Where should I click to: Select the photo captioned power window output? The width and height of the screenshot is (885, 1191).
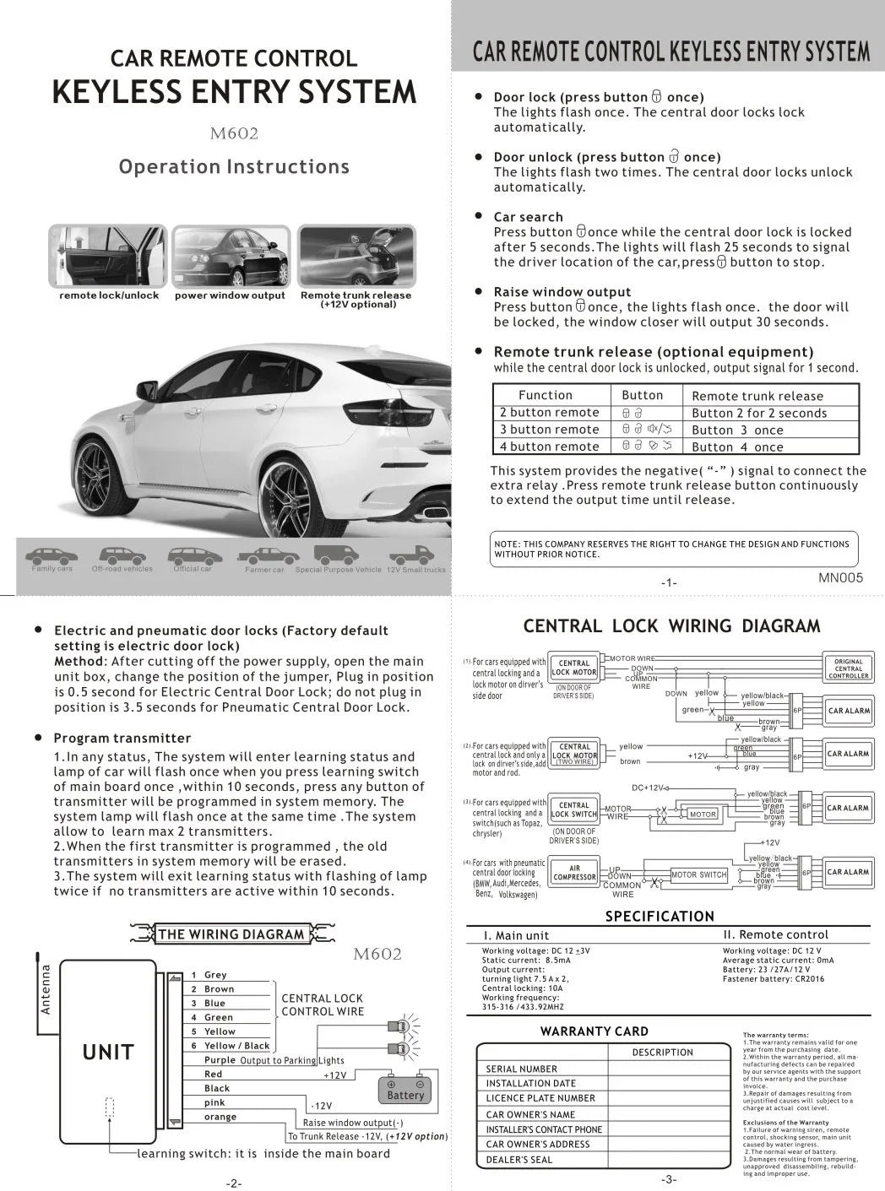(230, 257)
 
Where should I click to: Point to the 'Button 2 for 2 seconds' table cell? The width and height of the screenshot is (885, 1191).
(759, 413)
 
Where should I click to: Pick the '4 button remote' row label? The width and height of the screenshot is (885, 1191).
(549, 447)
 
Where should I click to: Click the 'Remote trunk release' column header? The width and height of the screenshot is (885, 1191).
(757, 396)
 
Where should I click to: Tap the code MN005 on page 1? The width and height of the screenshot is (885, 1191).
(840, 578)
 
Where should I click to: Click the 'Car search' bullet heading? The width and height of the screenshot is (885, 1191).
(528, 217)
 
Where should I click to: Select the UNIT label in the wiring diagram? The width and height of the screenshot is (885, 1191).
(108, 1052)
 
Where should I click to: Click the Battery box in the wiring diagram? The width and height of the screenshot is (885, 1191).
(405, 1089)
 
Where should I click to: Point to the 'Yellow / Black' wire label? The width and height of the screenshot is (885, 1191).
(236, 1046)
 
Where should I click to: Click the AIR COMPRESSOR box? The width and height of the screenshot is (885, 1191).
(574, 873)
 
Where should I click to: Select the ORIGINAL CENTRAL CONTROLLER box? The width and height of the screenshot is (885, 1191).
(848, 669)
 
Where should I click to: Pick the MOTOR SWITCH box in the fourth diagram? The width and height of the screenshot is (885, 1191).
(699, 874)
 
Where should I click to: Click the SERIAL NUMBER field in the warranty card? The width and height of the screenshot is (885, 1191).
(522, 1069)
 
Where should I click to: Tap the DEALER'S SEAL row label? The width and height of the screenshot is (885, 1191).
(519, 1160)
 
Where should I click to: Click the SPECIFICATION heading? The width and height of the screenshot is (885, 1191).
(660, 916)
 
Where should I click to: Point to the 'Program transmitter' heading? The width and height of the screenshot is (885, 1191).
(122, 738)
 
